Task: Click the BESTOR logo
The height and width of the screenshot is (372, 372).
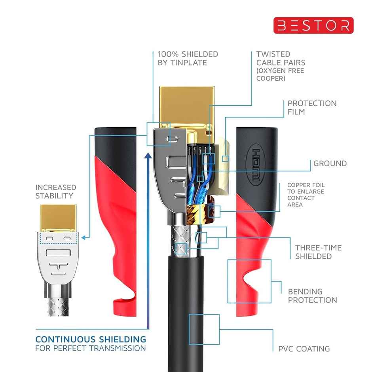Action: [313, 25]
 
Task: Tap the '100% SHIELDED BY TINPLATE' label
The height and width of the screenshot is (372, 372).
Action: [188, 58]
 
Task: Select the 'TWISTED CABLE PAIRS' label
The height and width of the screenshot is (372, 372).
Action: [281, 58]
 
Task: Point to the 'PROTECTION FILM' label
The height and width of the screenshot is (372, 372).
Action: [312, 108]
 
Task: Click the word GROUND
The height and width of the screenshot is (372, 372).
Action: [330, 163]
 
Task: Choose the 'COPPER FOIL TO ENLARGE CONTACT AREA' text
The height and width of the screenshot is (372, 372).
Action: [306, 195]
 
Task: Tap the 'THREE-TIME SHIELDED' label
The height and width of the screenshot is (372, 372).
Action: [318, 252]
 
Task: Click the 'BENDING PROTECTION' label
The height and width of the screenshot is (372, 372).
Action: [312, 296]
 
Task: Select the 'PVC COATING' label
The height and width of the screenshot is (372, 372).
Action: [304, 349]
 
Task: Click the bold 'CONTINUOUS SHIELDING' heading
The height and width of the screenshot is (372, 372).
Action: [91, 339]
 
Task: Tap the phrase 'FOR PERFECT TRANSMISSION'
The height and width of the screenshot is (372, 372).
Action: [91, 349]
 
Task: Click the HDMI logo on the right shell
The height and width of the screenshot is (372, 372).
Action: [254, 165]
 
